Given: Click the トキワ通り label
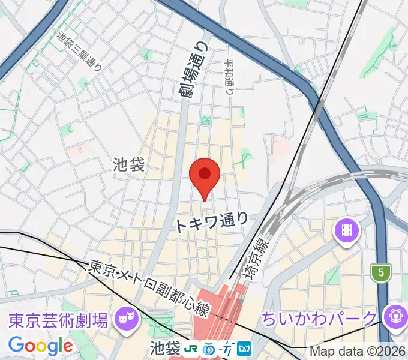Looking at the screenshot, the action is (x=211, y=223).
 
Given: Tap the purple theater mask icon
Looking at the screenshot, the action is (x=126, y=314).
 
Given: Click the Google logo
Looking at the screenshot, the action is (x=40, y=346).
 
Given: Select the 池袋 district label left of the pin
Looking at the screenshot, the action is (x=129, y=165).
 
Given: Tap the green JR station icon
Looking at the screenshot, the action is (x=193, y=348).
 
